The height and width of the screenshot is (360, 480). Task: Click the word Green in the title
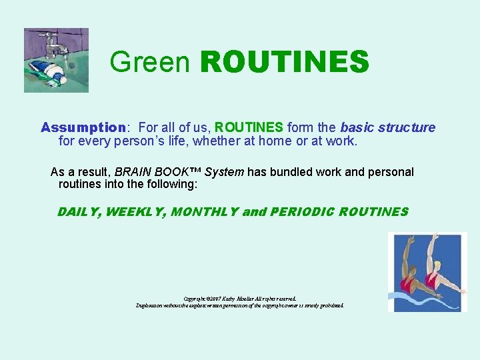[x=151, y=62]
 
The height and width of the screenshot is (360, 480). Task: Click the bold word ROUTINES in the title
[x=284, y=62]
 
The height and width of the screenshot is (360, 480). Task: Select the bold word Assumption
[x=83, y=127]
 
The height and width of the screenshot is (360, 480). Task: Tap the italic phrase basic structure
[x=387, y=127]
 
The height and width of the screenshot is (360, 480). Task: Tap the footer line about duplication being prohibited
[x=239, y=305]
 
